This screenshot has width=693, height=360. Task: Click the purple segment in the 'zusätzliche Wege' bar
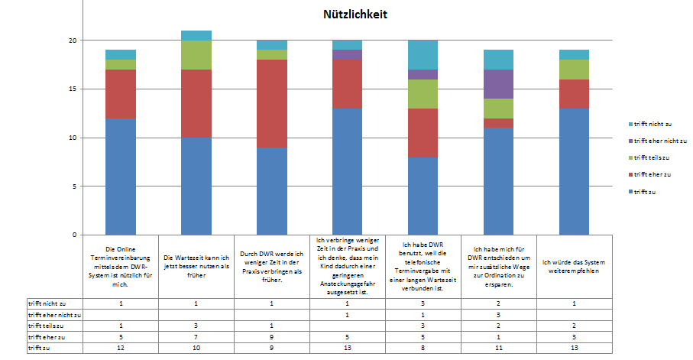[499, 84]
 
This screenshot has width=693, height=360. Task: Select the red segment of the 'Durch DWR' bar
[271, 103]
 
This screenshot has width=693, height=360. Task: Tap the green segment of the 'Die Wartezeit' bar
[196, 55]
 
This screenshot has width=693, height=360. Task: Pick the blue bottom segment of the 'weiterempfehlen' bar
[574, 171]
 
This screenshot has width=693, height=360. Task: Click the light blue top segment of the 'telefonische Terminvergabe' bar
[423, 54]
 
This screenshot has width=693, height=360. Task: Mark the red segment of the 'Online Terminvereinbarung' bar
[121, 94]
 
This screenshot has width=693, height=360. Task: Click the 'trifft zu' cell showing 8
[423, 348]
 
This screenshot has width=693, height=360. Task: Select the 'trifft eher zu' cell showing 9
[271, 336]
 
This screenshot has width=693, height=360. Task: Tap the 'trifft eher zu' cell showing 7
[196, 336]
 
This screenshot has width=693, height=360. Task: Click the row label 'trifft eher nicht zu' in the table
[54, 314]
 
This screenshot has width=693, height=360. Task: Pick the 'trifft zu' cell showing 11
[498, 348]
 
